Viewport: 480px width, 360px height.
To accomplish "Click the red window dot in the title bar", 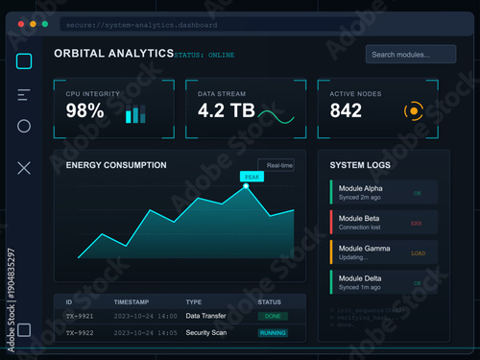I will pyautogui.click(x=19, y=23).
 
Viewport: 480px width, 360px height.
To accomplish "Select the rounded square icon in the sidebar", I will pyautogui.click(x=25, y=61).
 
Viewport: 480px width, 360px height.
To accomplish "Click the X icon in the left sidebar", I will pyautogui.click(x=25, y=168).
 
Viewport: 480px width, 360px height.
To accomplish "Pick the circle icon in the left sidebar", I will pyautogui.click(x=25, y=126).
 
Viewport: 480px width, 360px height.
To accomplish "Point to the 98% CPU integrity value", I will pyautogui.click(x=84, y=111).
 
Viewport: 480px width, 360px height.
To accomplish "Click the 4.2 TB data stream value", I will pyautogui.click(x=226, y=111).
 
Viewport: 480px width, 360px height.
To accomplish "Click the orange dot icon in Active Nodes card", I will pyautogui.click(x=414, y=111).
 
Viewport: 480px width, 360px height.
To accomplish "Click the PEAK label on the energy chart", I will pyautogui.click(x=251, y=177).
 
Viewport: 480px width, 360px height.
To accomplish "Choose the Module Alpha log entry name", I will pyautogui.click(x=360, y=188).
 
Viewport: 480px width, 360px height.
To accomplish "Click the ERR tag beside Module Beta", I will pyautogui.click(x=417, y=223).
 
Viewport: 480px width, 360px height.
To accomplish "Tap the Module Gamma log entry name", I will pyautogui.click(x=363, y=249).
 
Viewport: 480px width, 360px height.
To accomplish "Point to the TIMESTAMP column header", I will pyautogui.click(x=132, y=301).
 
